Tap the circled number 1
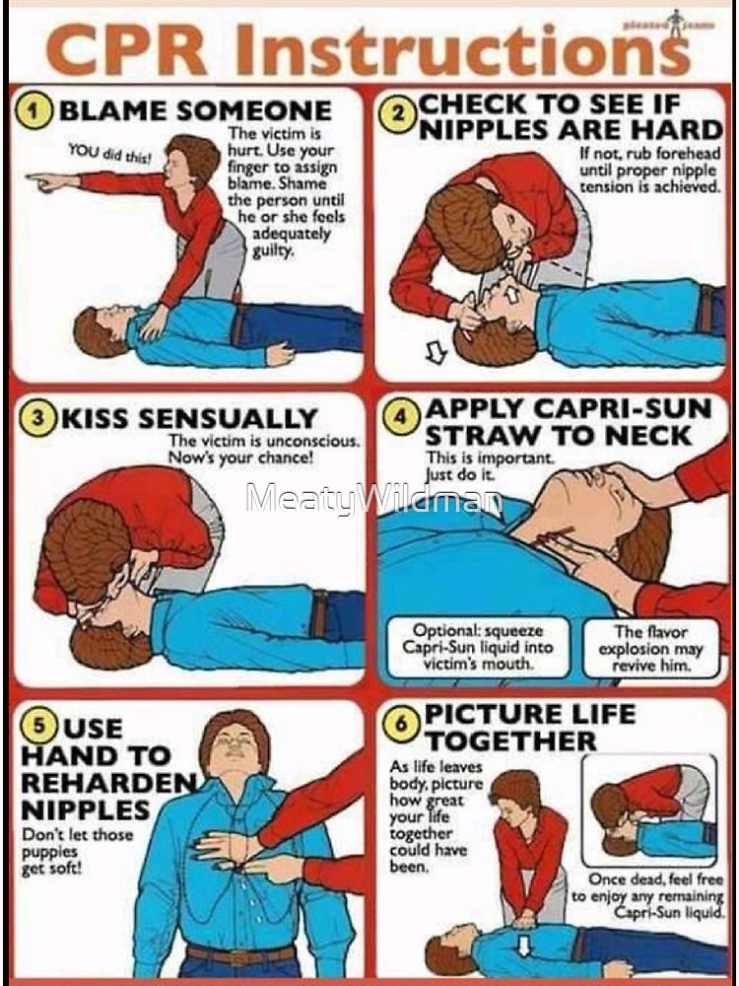tap(37, 110)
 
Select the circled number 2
tap(397, 115)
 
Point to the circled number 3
tap(37, 417)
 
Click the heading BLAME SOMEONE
tap(194, 110)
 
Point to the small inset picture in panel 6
tap(651, 810)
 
